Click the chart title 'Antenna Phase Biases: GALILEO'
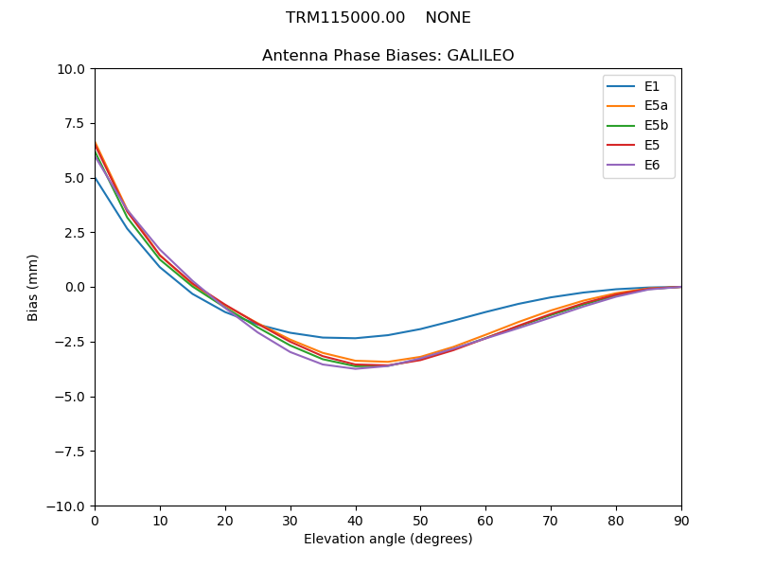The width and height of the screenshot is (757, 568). (x=388, y=56)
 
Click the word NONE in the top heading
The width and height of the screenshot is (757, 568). (x=448, y=18)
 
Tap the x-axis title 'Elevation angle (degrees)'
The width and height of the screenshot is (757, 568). (x=388, y=540)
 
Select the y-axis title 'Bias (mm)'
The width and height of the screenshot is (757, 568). (x=33, y=287)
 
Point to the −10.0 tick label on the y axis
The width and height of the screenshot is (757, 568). (x=68, y=506)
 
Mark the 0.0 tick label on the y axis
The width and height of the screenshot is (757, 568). (x=76, y=288)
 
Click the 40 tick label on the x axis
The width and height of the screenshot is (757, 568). (x=355, y=521)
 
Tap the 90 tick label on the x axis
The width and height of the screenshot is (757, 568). (x=680, y=521)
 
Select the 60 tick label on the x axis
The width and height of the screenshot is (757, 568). (x=485, y=521)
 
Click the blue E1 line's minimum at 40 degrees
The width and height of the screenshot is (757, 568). (x=355, y=338)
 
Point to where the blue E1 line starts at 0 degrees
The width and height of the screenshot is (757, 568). (x=96, y=178)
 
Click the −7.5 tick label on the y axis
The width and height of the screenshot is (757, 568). (x=72, y=452)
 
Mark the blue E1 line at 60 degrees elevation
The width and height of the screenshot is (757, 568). (x=485, y=312)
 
